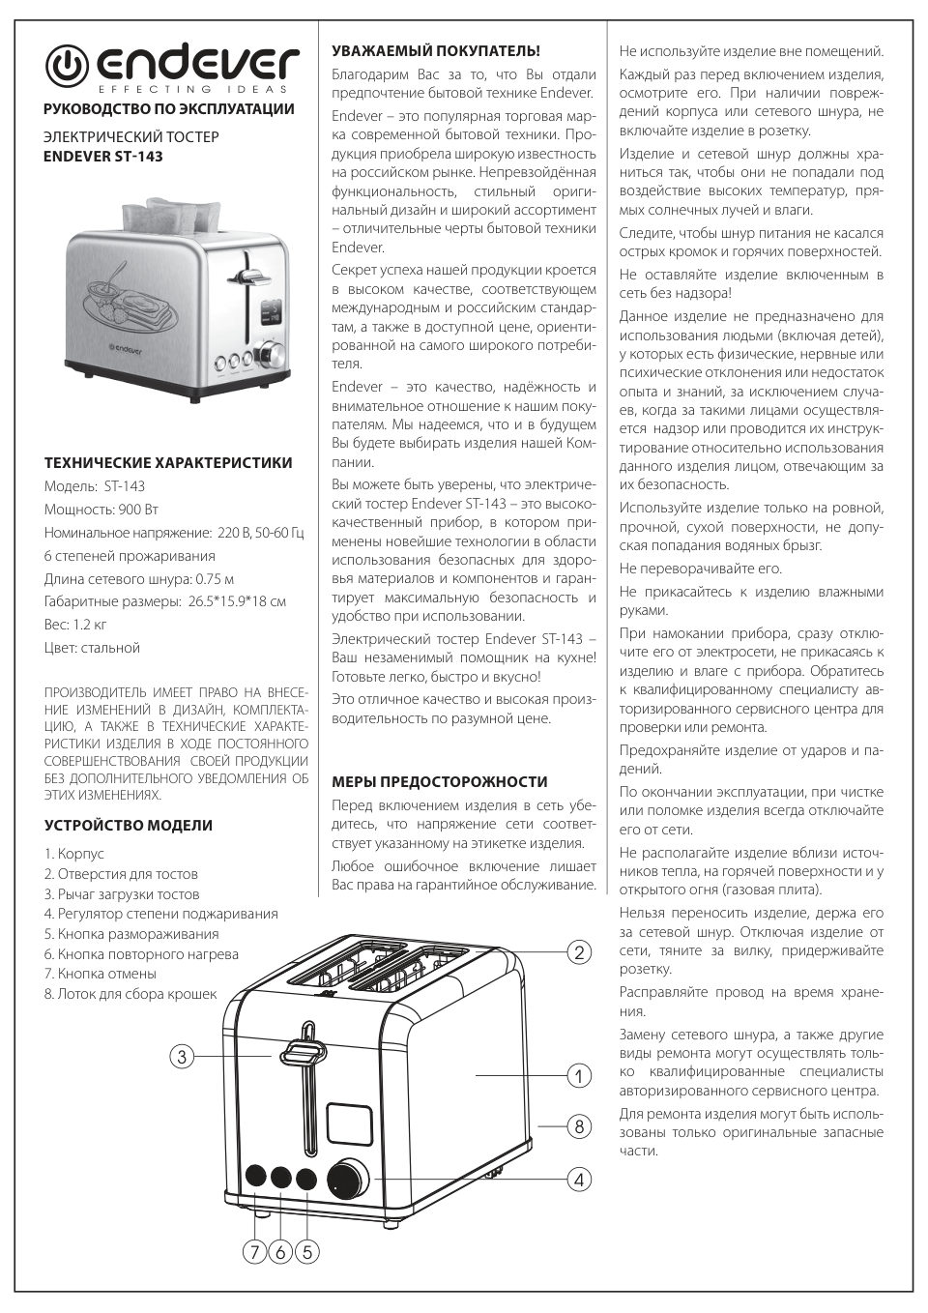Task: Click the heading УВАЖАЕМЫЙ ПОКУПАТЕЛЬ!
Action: click(435, 50)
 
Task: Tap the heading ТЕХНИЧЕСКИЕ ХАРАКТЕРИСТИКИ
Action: click(168, 463)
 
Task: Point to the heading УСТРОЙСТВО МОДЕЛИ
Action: click(129, 826)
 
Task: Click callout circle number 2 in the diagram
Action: click(578, 952)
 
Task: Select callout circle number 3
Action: click(182, 1057)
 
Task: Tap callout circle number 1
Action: click(578, 1075)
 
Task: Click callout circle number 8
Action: click(578, 1126)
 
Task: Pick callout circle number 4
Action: click(578, 1180)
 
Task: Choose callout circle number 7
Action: click(254, 1252)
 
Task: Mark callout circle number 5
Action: click(306, 1252)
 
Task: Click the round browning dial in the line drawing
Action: click(348, 1181)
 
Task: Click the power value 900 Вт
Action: click(138, 510)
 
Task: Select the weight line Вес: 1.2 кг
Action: click(75, 625)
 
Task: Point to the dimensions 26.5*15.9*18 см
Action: click(235, 601)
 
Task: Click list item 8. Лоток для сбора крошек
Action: click(130, 994)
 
